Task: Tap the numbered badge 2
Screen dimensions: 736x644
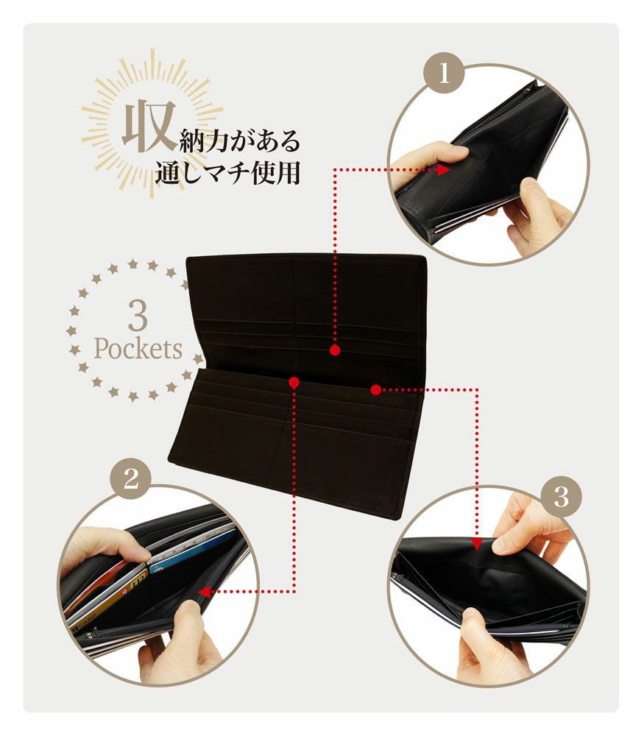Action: (x=130, y=480)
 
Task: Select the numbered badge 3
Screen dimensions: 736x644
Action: (x=561, y=498)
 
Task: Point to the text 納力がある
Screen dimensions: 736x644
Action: (x=240, y=139)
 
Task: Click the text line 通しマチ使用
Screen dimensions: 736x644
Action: (x=228, y=174)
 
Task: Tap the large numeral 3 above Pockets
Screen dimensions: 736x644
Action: (x=137, y=314)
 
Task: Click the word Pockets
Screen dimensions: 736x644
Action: (x=137, y=348)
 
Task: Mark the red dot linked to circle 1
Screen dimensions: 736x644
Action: (x=335, y=350)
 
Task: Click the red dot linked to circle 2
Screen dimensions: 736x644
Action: (x=294, y=383)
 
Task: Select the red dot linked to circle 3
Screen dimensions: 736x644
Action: (x=375, y=388)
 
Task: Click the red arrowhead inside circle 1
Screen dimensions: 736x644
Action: (x=443, y=170)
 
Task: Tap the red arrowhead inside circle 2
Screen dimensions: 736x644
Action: (x=204, y=590)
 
